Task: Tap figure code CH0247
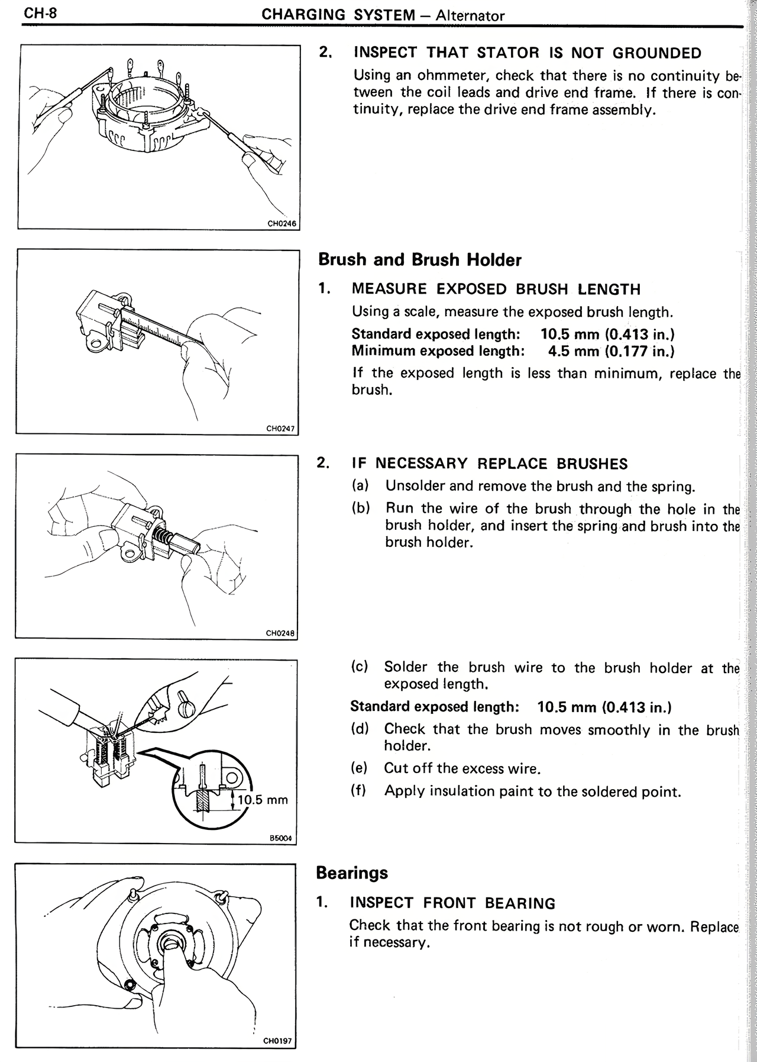click(282, 429)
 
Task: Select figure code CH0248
click(280, 633)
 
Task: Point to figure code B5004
click(282, 838)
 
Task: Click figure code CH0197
click(278, 1041)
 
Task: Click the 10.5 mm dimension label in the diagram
click(263, 800)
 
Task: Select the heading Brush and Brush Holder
click(420, 260)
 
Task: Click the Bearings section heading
click(352, 873)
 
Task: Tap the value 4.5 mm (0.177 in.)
click(611, 351)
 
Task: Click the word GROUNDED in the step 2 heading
click(656, 53)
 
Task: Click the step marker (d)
click(360, 729)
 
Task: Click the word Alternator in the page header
click(470, 15)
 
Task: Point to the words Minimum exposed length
click(438, 351)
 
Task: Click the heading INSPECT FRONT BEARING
click(452, 903)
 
